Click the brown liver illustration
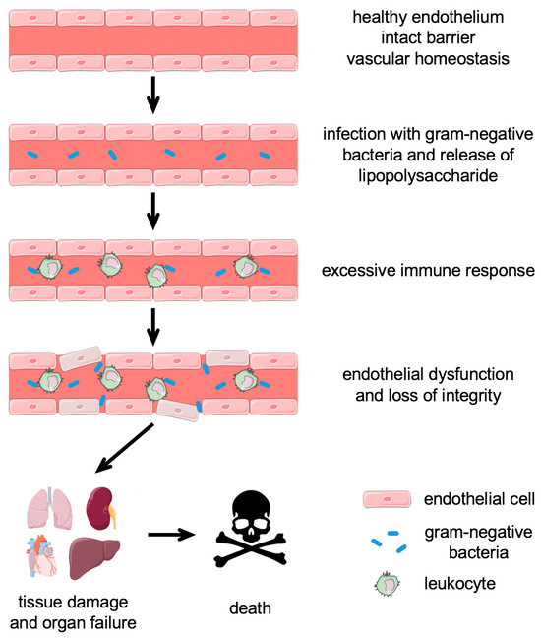[x=97, y=558]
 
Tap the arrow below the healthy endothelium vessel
[x=150, y=96]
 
